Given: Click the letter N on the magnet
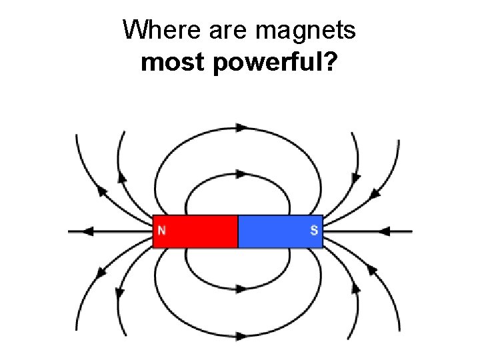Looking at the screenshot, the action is tap(161, 231).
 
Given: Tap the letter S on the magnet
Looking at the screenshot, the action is tap(314, 231).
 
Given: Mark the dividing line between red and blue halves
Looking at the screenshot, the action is tap(238, 231).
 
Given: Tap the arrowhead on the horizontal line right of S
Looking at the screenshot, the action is tap(384, 231).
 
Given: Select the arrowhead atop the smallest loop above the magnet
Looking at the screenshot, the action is tap(241, 174).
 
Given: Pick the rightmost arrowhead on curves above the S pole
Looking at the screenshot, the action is tap(375, 193).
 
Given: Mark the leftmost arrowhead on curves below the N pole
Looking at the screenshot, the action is tap(102, 273).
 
